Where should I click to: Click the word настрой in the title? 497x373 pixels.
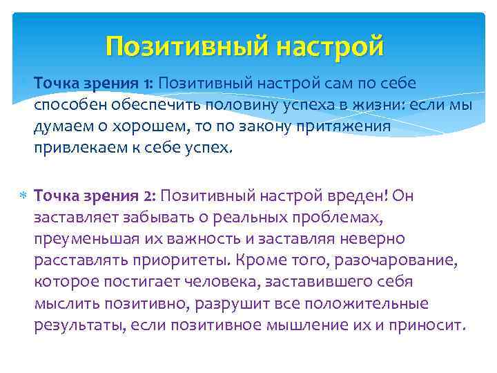tap(330, 47)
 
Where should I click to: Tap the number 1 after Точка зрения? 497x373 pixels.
tap(150, 83)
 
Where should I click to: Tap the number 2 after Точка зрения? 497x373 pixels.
tap(150, 195)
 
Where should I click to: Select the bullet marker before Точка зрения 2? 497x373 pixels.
tap(23, 195)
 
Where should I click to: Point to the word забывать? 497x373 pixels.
tap(144, 218)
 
